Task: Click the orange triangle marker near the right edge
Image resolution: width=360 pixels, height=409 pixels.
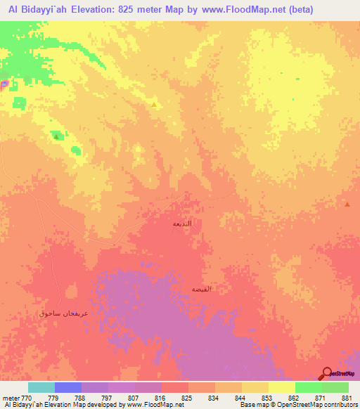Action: [x=347, y=204]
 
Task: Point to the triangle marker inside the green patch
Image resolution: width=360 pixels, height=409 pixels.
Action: [x=56, y=136]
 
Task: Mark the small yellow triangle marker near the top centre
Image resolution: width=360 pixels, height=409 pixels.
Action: [x=154, y=105]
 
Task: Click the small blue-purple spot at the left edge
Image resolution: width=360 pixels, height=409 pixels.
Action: [x=4, y=84]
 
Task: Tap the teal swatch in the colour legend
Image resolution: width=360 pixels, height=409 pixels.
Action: [x=41, y=387]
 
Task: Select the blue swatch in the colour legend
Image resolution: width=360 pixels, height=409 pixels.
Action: [x=68, y=387]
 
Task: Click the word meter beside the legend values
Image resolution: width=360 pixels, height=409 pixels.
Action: [x=10, y=397]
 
